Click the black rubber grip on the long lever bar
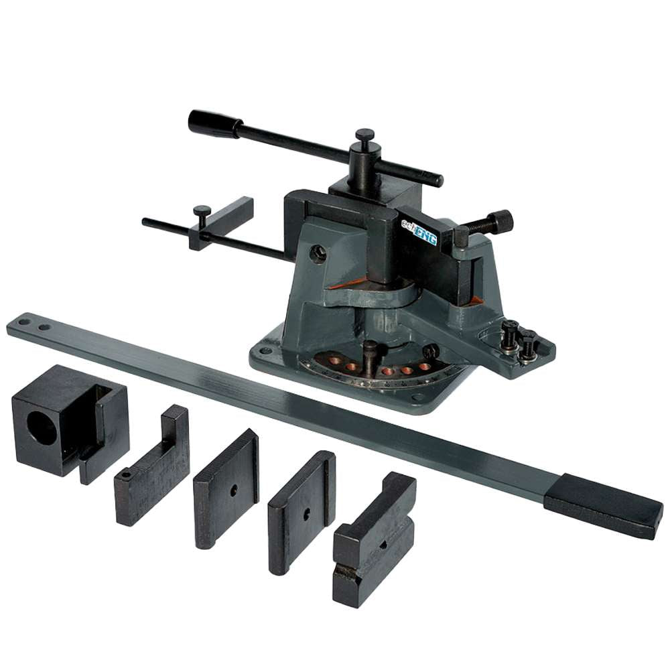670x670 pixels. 603,505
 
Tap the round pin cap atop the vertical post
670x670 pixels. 364,135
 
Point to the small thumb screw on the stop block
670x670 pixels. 202,212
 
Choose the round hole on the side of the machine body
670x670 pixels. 319,253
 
